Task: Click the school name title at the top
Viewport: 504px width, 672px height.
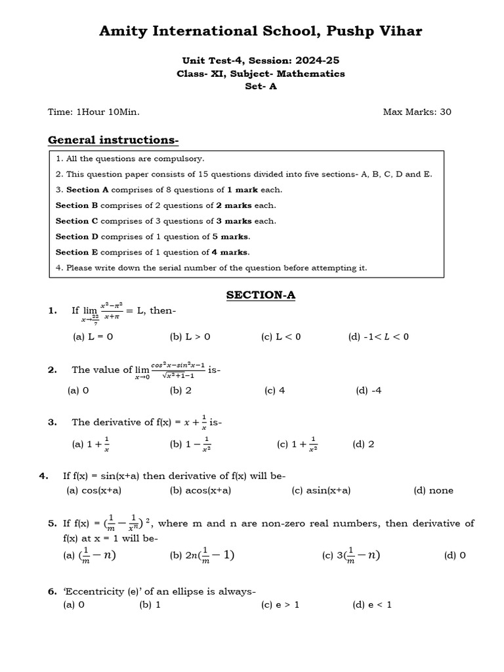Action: [x=261, y=31]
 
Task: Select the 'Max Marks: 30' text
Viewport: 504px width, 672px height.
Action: [x=417, y=112]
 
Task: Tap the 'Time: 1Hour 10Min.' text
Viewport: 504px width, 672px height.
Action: [x=94, y=112]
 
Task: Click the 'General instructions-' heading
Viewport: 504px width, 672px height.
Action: [x=113, y=140]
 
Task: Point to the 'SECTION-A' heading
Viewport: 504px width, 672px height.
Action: [x=261, y=295]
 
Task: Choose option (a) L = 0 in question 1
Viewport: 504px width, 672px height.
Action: [x=93, y=337]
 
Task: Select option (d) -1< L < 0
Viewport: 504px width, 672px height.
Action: [x=378, y=337]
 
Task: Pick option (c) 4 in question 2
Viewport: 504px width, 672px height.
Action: [x=274, y=390]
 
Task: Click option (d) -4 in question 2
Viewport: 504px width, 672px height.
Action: [x=369, y=390]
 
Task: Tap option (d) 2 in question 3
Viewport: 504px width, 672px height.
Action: [x=363, y=444]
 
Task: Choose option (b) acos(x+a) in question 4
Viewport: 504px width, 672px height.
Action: [x=200, y=490]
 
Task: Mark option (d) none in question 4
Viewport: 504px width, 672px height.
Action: [x=433, y=490]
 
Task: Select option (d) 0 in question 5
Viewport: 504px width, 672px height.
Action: [x=455, y=555]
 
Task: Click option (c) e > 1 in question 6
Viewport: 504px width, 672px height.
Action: [x=280, y=605]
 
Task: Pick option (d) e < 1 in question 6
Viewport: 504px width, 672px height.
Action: [x=371, y=605]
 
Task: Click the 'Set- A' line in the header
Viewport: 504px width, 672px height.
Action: [x=261, y=86]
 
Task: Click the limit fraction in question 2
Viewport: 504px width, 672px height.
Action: [x=178, y=369]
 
